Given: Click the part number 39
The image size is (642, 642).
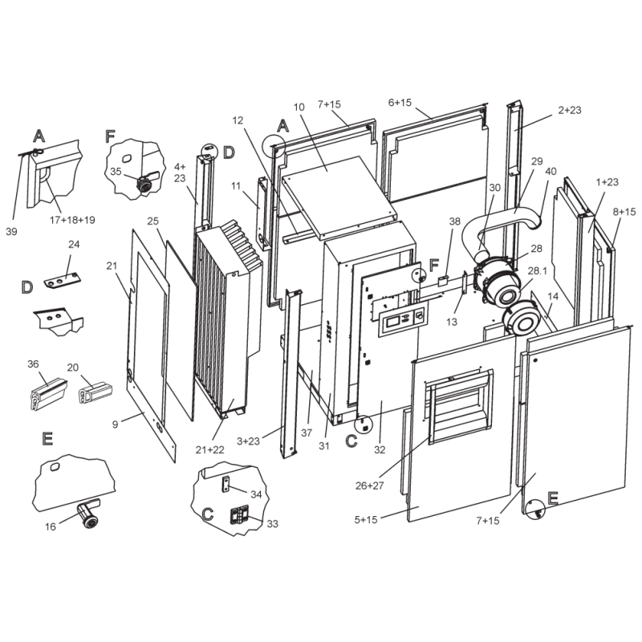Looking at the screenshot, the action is point(11,231).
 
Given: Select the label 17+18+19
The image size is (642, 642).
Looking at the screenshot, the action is point(72,220).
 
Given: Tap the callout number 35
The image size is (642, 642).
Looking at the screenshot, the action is point(116,172).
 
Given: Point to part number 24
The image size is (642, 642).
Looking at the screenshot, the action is point(74,245).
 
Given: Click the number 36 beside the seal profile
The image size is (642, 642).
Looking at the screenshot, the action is point(33,364).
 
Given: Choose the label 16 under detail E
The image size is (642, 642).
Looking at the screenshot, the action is point(51,526).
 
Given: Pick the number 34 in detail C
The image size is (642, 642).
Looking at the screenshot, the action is point(256,494).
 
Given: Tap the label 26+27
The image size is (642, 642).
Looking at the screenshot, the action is point(370,486).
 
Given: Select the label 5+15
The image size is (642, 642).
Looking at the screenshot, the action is point(366,519).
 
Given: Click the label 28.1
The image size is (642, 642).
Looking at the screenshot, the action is point(538,271).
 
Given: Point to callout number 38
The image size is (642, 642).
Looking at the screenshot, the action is point(455,221).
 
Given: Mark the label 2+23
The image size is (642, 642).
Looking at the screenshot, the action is point(570,110).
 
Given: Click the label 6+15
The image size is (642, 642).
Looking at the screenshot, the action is point(400,103).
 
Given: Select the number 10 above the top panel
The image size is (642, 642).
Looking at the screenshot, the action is point(299,108).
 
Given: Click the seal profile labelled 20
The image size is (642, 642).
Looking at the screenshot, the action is point(95,392).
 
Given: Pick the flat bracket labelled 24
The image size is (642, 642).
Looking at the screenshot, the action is point(63,282).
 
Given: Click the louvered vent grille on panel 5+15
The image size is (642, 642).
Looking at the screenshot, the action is point(460,407).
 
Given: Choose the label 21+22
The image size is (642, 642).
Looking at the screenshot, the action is point(210,449).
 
